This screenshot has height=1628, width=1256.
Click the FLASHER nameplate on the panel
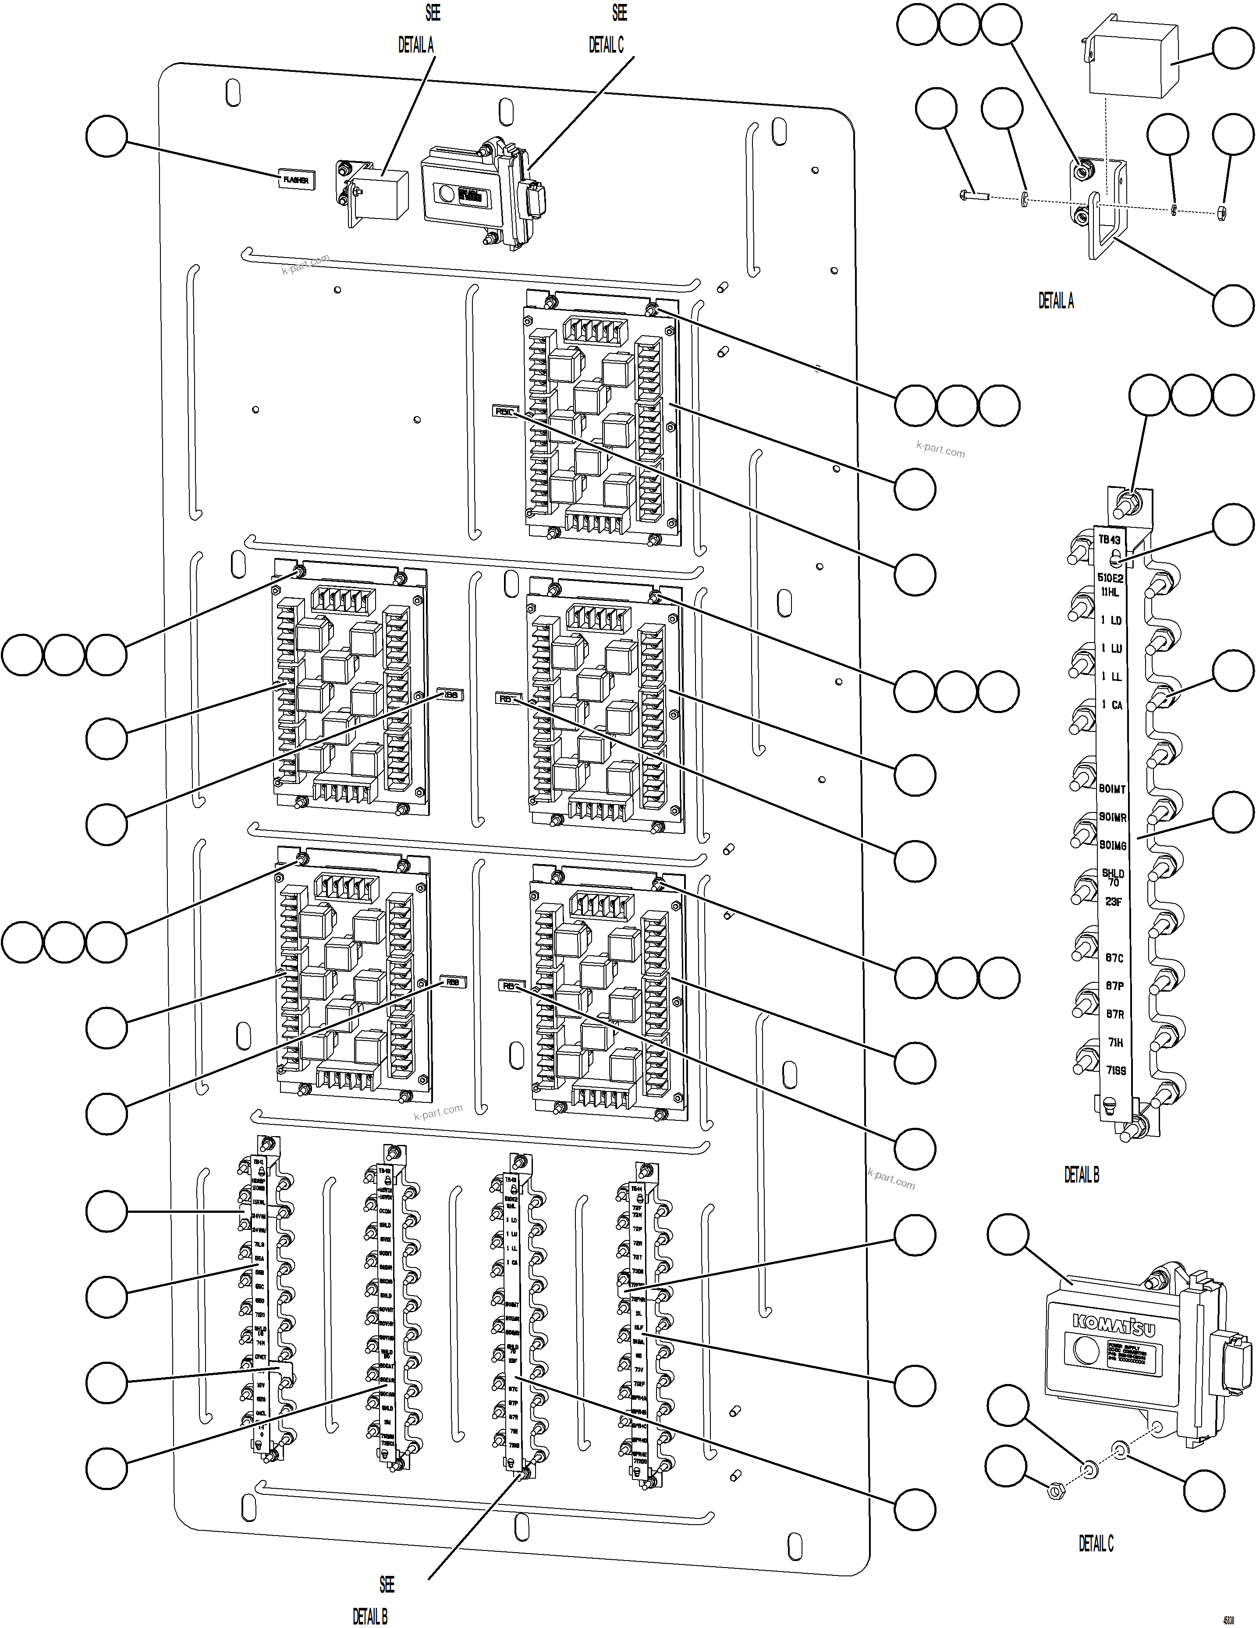(295, 180)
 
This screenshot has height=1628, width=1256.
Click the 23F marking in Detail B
(1114, 901)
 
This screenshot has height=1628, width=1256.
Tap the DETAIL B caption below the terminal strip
(1082, 1175)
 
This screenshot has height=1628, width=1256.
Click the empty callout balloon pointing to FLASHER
(106, 136)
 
